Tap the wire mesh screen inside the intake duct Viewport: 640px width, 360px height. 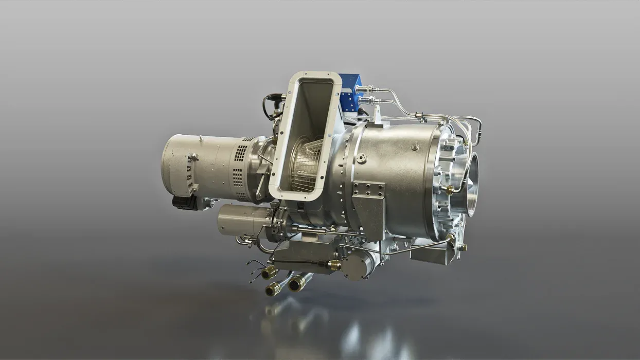click(307, 165)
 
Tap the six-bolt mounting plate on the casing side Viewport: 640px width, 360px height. click(368, 189)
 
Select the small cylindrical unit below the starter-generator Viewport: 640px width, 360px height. click(242, 220)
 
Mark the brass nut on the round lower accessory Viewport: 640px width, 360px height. click(334, 265)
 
